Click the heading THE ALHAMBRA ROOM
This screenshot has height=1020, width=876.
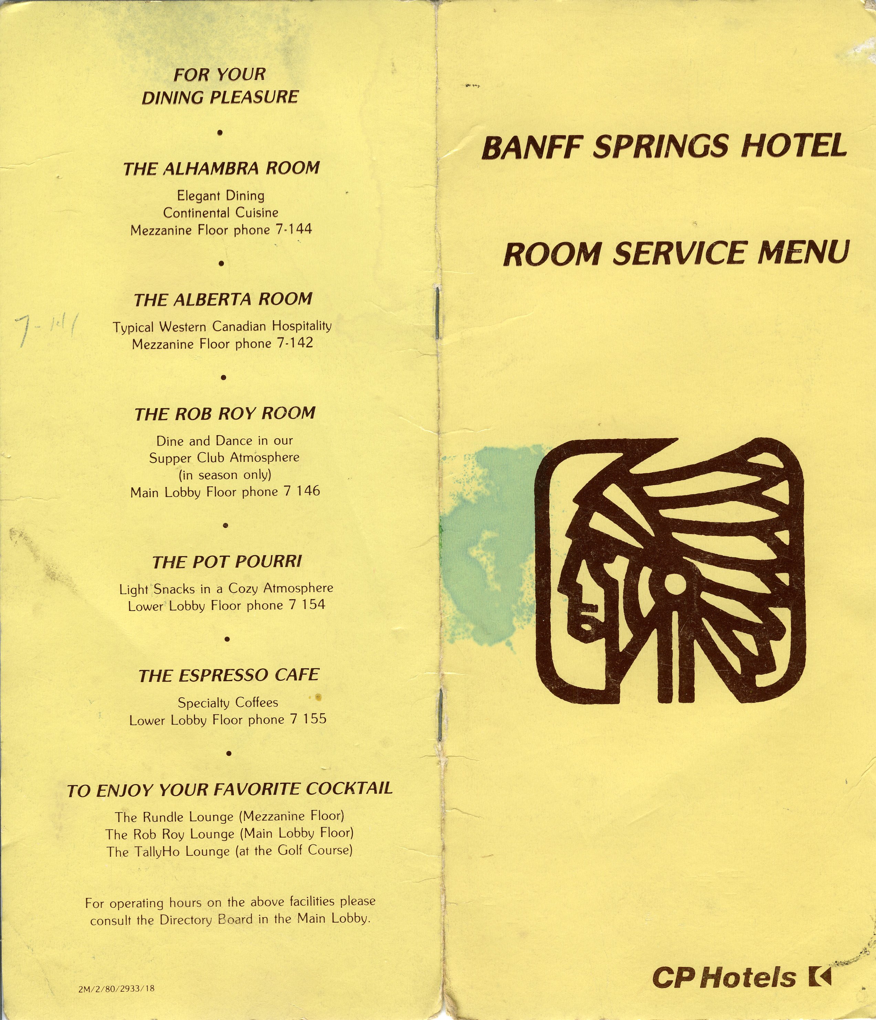coord(221,168)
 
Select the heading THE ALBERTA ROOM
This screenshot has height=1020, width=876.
coord(223,299)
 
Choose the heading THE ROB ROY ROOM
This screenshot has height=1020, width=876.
coord(225,414)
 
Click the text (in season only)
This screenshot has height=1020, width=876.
coord(225,475)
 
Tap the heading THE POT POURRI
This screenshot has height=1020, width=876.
coord(227,562)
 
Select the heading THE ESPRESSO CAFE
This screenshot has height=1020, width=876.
coord(229,675)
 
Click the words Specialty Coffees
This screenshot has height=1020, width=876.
coord(228,702)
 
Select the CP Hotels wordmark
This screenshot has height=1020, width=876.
coord(724,978)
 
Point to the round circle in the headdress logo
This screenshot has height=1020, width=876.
coord(674,584)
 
